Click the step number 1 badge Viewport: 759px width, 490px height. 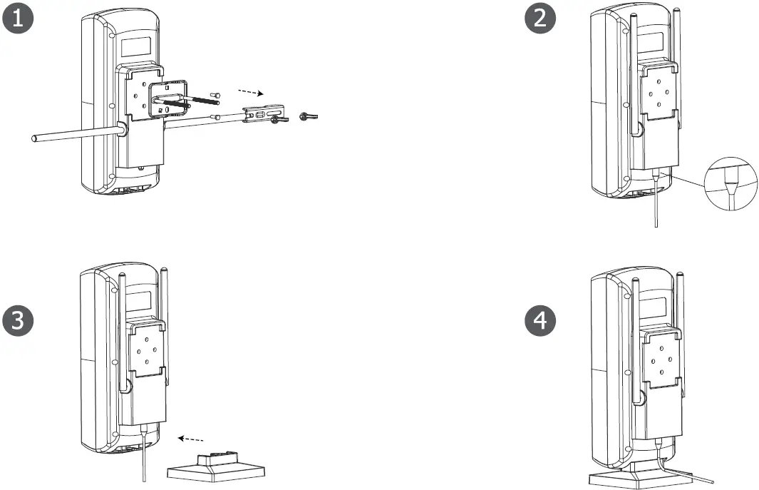point(19,19)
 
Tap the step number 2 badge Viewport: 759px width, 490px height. point(541,19)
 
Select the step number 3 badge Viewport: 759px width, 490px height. point(19,321)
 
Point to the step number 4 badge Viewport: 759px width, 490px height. point(541,321)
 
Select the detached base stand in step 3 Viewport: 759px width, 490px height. point(215,468)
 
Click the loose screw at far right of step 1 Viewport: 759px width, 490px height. point(309,116)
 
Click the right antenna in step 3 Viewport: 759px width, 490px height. point(165,321)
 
